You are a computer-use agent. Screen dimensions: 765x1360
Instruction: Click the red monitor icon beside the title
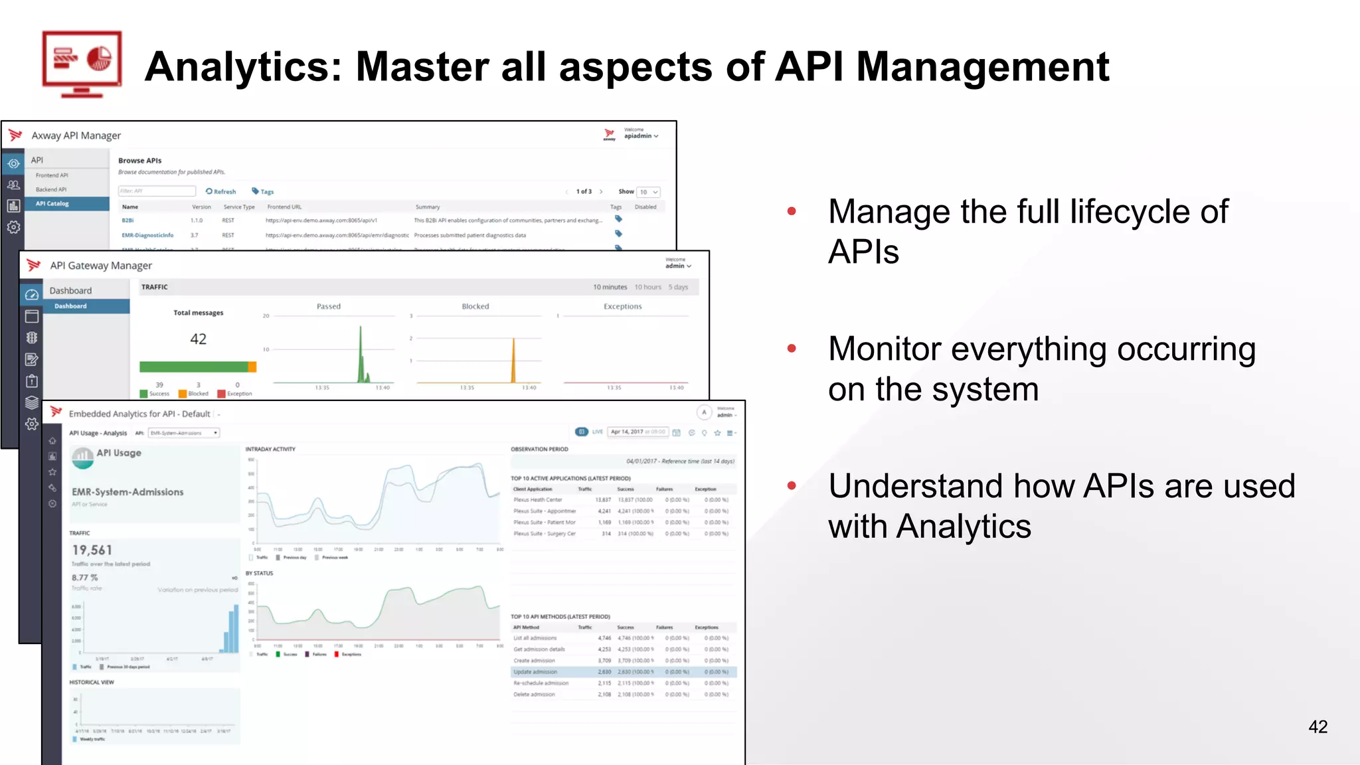pos(82,64)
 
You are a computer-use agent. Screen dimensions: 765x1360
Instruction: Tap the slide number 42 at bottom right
pos(1317,726)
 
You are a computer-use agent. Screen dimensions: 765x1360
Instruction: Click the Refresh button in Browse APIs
pos(221,191)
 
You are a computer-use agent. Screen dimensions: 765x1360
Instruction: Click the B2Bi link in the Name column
pos(127,220)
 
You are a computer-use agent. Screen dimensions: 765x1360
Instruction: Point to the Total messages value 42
pos(198,339)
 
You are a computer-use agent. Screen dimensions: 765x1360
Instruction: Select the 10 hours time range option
pos(647,288)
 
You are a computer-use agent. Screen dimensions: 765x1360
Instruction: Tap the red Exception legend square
pos(222,394)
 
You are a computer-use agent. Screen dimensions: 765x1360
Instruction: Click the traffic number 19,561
pos(92,550)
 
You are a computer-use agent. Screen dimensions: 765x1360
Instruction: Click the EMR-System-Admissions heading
pos(127,492)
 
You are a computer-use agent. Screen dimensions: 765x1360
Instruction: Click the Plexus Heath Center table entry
pos(537,500)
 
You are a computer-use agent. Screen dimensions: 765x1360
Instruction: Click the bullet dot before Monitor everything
pos(792,349)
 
